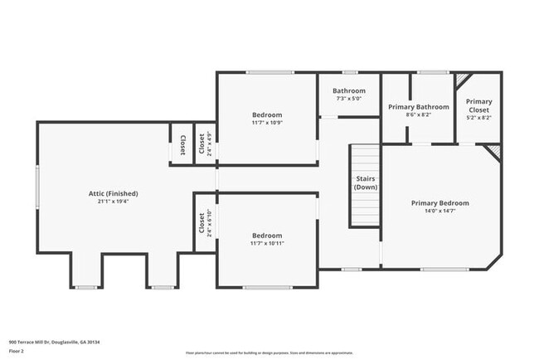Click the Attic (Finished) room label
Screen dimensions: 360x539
(114, 193)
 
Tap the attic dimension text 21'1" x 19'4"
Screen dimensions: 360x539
(114, 201)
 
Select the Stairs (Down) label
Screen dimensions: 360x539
(366, 182)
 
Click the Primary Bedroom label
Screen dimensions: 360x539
(439, 203)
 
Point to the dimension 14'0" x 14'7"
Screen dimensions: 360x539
(439, 211)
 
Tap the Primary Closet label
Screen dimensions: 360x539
(478, 105)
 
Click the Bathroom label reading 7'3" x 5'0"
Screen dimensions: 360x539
(349, 99)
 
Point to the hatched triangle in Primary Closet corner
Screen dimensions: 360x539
(461, 80)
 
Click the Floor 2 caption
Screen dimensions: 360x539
(17, 351)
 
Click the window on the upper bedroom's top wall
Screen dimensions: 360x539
(269, 72)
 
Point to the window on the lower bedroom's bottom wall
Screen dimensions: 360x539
(267, 287)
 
